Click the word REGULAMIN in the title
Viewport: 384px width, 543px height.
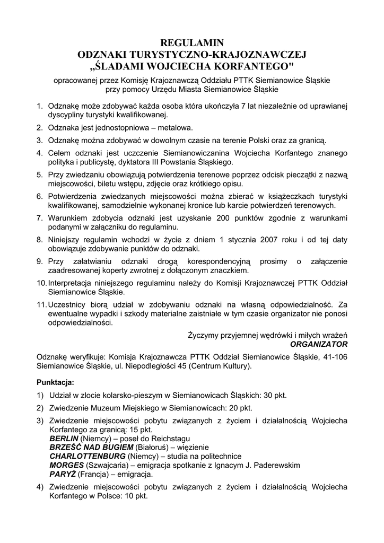192,43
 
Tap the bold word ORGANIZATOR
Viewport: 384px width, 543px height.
319,344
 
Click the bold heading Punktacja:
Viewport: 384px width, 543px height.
56,382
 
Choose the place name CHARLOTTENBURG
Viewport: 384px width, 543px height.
88,456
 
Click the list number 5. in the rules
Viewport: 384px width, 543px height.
40,174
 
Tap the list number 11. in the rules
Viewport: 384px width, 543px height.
41,305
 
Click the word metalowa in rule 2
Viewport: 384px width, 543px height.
174,128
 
